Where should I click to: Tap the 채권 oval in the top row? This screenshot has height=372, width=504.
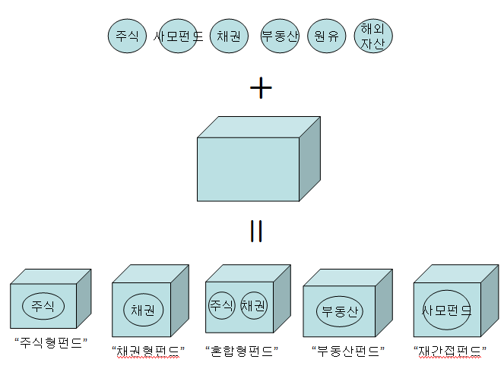tap(228, 36)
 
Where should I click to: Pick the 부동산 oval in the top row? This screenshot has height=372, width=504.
tap(279, 36)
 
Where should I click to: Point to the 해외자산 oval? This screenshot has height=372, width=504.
tap(373, 36)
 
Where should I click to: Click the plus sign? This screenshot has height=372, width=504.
tap(261, 89)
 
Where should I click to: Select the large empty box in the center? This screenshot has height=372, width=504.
tap(248, 169)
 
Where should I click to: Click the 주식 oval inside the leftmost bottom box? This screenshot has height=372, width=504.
tap(43, 306)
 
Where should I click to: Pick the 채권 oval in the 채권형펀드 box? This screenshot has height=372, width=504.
tap(143, 310)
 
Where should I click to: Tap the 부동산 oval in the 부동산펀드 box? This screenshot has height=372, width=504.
tap(340, 311)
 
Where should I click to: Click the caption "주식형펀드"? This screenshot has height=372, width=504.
tap(51, 342)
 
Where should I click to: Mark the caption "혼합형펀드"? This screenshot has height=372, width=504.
tap(242, 351)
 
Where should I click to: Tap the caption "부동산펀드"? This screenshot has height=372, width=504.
tap(347, 351)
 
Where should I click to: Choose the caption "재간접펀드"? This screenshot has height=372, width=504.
tap(450, 351)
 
